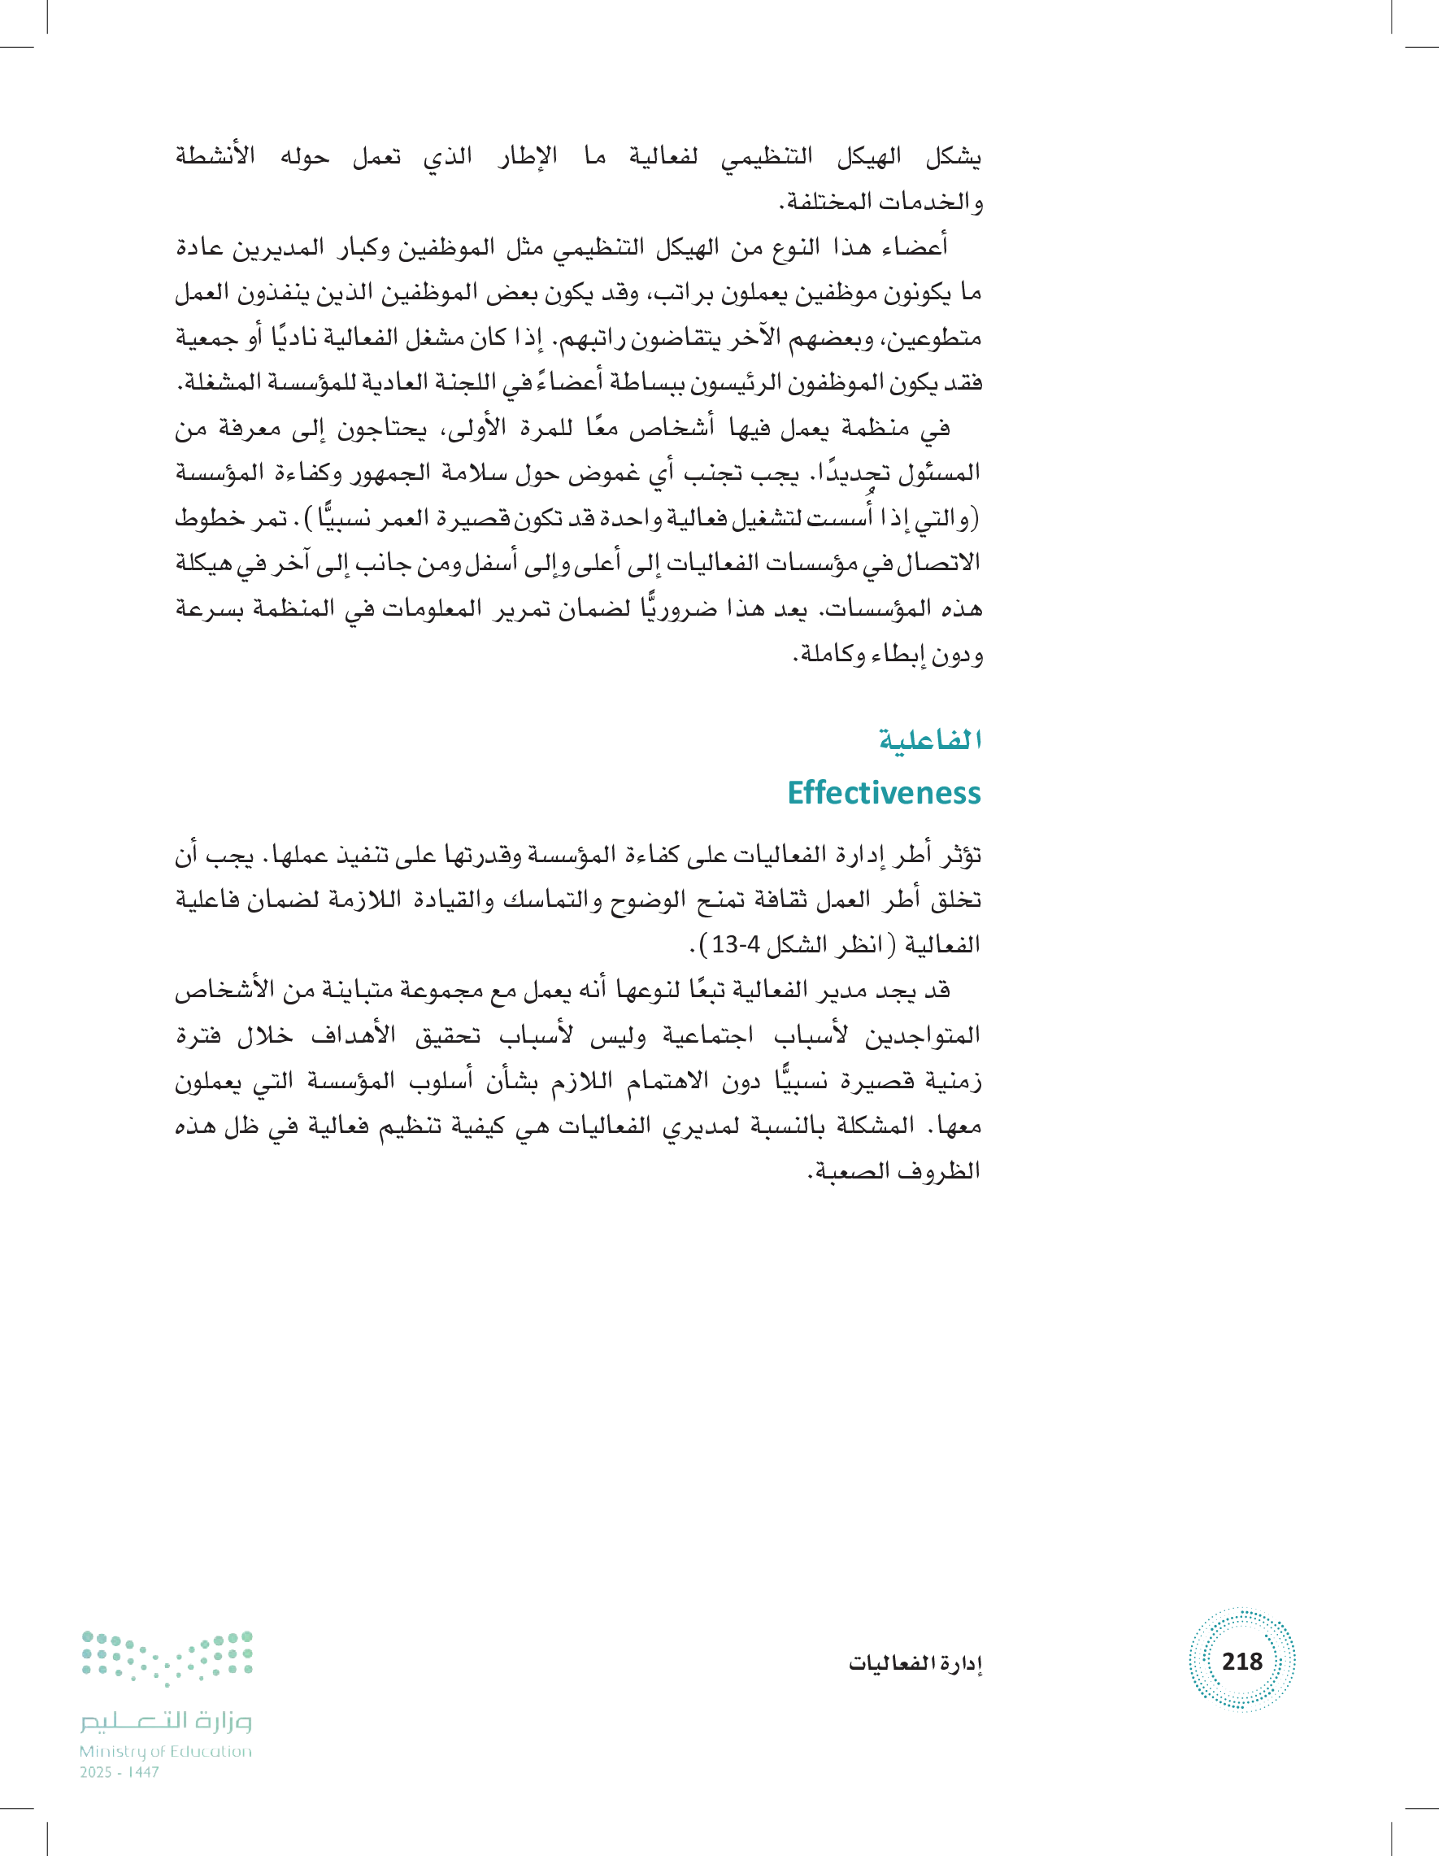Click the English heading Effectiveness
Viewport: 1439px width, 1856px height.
(x=884, y=792)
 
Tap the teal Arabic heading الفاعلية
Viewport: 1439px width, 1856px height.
(x=930, y=740)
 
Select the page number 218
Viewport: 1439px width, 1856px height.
(x=1242, y=1661)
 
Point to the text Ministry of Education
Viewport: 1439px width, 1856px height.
(x=166, y=1750)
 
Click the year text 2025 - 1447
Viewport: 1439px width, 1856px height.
(x=120, y=1772)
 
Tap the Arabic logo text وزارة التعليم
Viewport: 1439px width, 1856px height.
(x=167, y=1721)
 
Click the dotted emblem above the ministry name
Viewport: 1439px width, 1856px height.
(x=167, y=1658)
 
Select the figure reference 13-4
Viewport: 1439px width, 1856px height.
(x=736, y=944)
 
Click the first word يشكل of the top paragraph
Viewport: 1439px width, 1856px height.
(x=953, y=157)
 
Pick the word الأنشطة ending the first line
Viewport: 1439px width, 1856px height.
(x=215, y=157)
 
